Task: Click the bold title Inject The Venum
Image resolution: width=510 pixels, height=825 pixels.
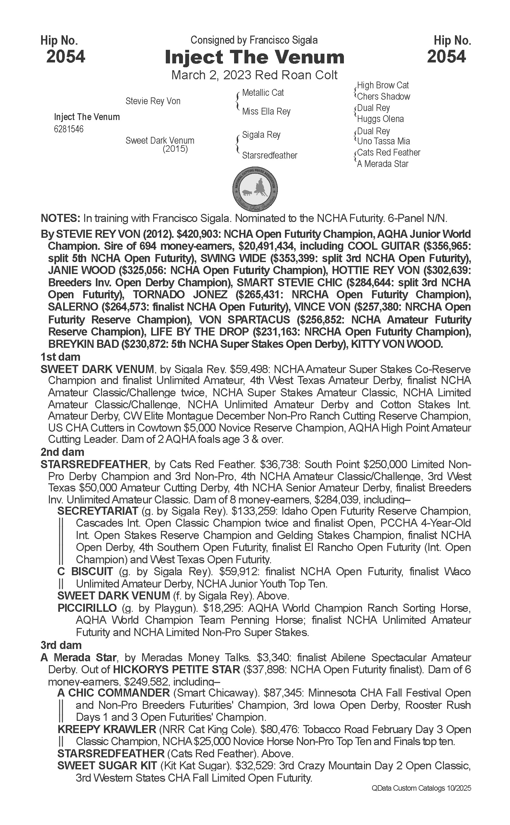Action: point(254,57)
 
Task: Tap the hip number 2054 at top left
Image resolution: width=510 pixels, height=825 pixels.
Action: point(66,57)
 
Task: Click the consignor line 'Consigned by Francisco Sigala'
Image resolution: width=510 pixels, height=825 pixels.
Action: point(254,40)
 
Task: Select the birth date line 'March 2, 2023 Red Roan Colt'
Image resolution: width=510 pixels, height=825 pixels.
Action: point(254,75)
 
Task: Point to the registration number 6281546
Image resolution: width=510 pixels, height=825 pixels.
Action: point(69,129)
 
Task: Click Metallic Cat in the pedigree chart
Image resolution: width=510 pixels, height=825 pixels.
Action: point(263,93)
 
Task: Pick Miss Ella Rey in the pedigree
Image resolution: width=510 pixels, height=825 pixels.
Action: point(266,111)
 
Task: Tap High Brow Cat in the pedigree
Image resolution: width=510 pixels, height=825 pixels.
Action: point(383,85)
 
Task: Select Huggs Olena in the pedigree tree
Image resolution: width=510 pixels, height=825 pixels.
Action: point(380,119)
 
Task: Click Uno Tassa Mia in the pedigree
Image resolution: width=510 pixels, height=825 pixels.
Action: point(383,141)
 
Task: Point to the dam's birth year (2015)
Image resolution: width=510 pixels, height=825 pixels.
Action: point(175,149)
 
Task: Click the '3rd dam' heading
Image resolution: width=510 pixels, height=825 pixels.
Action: point(61,645)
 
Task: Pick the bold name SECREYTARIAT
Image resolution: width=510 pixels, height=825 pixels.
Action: point(98,511)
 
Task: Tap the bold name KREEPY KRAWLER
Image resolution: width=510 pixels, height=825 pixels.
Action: point(107,729)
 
